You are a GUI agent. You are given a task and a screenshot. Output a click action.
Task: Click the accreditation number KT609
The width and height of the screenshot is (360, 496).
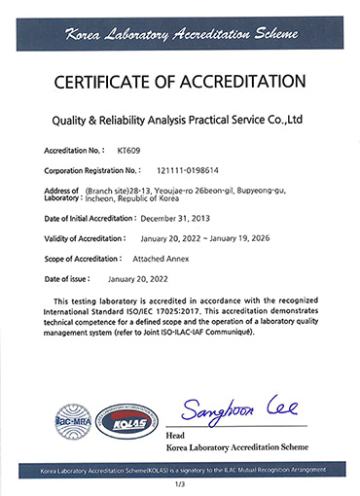pyautogui.click(x=128, y=152)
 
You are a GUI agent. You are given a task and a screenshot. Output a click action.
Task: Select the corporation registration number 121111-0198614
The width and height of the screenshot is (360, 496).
pyautogui.click(x=161, y=170)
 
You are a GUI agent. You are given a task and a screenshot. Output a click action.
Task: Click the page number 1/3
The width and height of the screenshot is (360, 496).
pyautogui.click(x=179, y=483)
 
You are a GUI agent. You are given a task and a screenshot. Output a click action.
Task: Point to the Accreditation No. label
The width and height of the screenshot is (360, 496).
pyautogui.click(x=75, y=152)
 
